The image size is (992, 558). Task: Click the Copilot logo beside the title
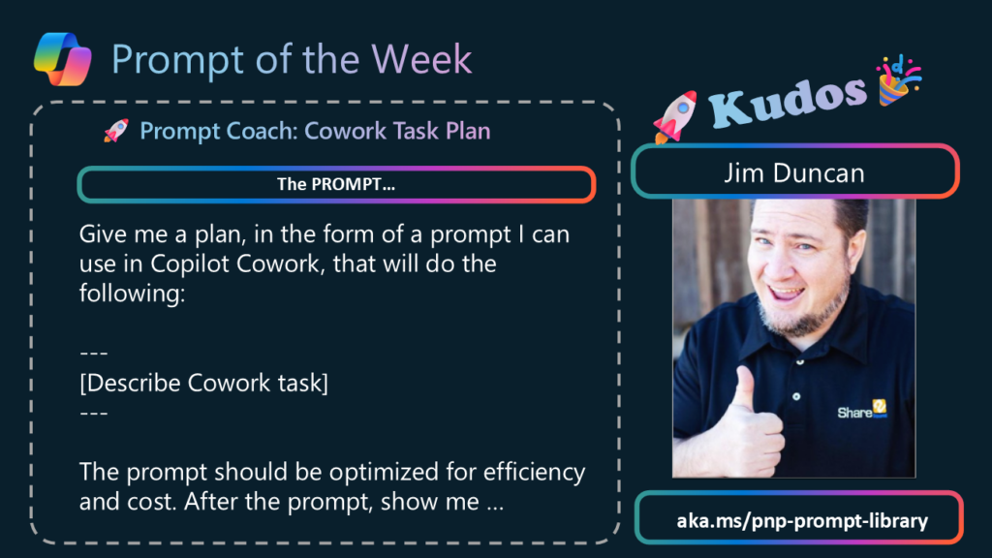[x=63, y=59]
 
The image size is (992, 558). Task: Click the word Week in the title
[x=421, y=59]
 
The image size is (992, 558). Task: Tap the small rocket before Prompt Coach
[x=116, y=131]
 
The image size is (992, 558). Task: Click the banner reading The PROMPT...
[x=336, y=185]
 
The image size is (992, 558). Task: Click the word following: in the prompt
[x=132, y=294]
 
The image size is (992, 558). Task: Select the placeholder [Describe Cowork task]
[x=203, y=383]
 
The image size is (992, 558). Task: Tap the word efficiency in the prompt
[x=534, y=472]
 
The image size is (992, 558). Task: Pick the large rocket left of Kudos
[x=675, y=116]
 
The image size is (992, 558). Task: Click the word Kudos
[x=788, y=100]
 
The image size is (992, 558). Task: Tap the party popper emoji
[x=898, y=80]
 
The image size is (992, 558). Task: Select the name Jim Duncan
[x=794, y=172]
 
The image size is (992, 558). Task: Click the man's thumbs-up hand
[x=751, y=425]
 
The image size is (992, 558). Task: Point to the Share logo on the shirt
[x=862, y=410]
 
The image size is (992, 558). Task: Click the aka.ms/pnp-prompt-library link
[x=802, y=520]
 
